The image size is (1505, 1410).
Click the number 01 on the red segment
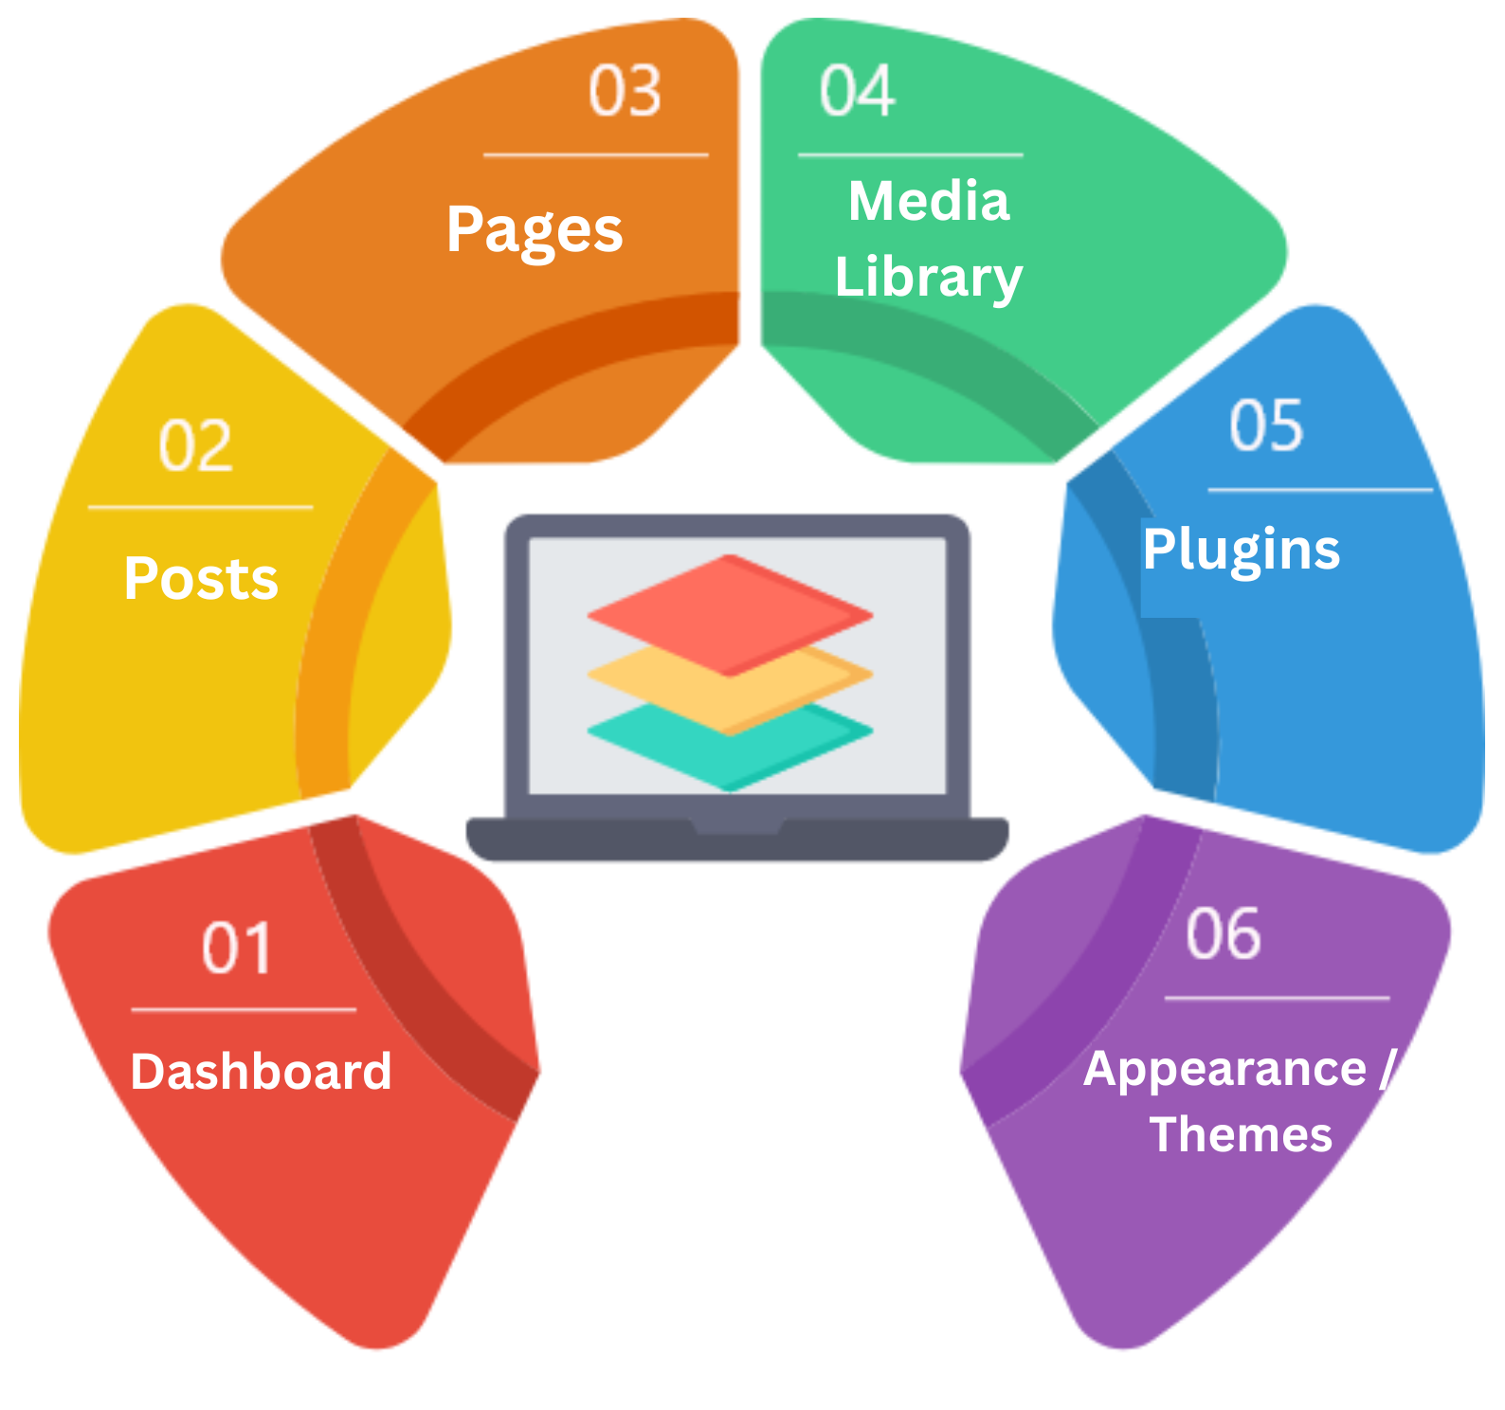(237, 948)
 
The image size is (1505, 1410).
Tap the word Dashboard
(261, 1072)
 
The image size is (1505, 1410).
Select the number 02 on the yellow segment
(195, 445)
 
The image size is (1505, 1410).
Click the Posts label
(201, 578)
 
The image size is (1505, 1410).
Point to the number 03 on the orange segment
(625, 91)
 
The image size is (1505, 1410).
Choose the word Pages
(535, 231)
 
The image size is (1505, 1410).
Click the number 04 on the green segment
(857, 91)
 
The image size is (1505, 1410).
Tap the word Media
(929, 201)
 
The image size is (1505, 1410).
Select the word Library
(929, 278)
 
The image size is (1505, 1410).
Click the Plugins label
(1242, 550)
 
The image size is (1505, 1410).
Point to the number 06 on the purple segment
(1224, 933)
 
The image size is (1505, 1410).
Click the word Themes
(1242, 1134)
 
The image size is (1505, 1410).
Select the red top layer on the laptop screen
(730, 615)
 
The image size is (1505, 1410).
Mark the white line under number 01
(244, 1010)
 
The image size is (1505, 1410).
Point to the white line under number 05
(1320, 490)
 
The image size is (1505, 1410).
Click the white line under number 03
(596, 154)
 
